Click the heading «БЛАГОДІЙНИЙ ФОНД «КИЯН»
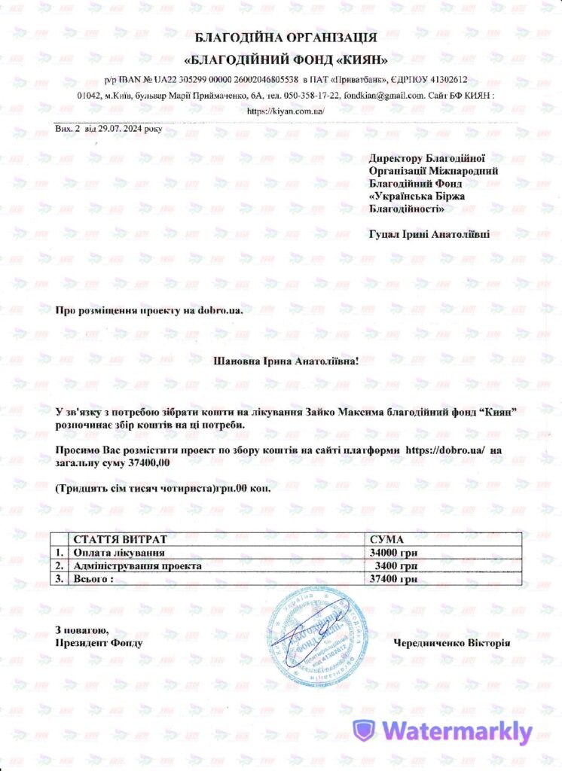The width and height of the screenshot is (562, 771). coord(286,59)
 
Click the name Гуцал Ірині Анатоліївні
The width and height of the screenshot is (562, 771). coord(429,234)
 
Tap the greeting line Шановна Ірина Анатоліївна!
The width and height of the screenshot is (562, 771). coord(287,361)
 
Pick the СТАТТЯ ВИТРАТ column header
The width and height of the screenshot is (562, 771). coord(119,540)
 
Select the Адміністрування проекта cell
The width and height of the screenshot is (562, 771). coord(137,565)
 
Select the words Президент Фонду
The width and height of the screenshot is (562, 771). coord(98,643)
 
